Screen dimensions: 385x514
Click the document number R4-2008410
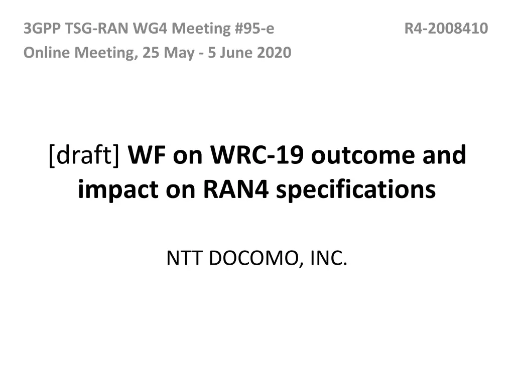tap(446, 29)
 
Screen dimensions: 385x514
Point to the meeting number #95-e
tap(254, 29)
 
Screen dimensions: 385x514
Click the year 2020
tap(275, 52)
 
